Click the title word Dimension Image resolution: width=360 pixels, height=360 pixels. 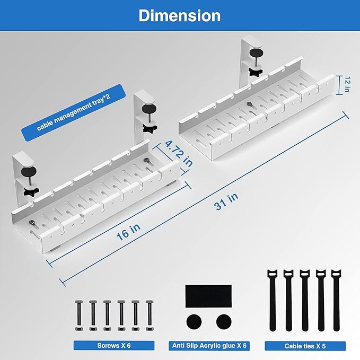coord(179,15)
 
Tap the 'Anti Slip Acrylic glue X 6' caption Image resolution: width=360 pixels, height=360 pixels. coord(209,345)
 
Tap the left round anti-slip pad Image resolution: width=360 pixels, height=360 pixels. coord(195,322)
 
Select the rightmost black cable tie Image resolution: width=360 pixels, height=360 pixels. coord(336,300)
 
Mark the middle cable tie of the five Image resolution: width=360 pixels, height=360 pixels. coord(304,300)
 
